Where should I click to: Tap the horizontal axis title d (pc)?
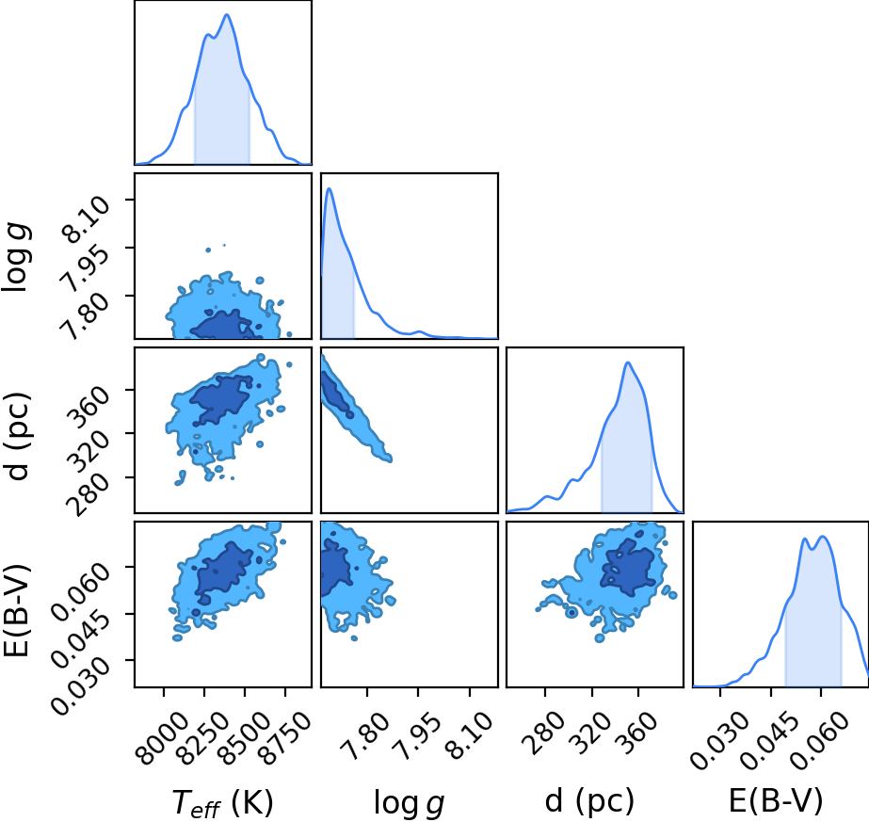pyautogui.click(x=589, y=802)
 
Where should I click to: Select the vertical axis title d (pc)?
pyautogui.click(x=17, y=436)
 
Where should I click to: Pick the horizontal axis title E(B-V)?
pyautogui.click(x=776, y=801)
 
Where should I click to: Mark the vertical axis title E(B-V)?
pyautogui.click(x=17, y=610)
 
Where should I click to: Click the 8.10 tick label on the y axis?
pyautogui.click(x=86, y=219)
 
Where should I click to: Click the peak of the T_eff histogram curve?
pyautogui.click(x=227, y=14)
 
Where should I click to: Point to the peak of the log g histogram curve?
pyautogui.click(x=330, y=188)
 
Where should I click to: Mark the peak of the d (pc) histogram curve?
pyautogui.click(x=628, y=363)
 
